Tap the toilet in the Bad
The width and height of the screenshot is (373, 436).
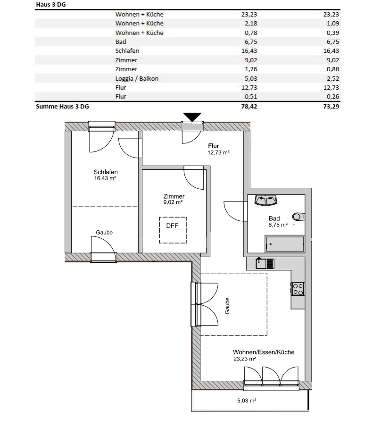pos(298,217)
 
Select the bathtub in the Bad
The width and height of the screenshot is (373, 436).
pos(285,244)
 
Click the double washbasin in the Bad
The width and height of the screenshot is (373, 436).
pos(265,200)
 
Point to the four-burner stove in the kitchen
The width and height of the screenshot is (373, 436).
pos(298,289)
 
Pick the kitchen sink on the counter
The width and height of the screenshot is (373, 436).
pos(265,263)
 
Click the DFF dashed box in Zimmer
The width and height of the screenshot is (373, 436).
pos(173,230)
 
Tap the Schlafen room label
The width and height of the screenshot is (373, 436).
pos(106,172)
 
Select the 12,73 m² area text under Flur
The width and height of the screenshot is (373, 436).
pos(218,152)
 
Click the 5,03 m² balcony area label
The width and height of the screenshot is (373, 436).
pos(247,401)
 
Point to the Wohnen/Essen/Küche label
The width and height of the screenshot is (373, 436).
pos(264,352)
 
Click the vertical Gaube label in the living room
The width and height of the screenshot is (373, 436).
pos(227,306)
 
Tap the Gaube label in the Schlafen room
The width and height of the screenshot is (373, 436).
pos(104,233)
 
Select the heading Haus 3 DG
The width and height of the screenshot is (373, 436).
pos(51,4)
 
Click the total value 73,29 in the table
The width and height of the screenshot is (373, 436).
pos(332,106)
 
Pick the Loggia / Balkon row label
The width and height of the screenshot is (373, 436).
pos(137,78)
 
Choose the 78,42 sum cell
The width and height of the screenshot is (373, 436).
pos(249,106)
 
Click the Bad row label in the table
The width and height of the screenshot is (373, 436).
pos(121,42)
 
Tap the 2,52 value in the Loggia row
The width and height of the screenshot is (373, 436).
pos(333,78)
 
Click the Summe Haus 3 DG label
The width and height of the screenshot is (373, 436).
pos(63,106)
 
